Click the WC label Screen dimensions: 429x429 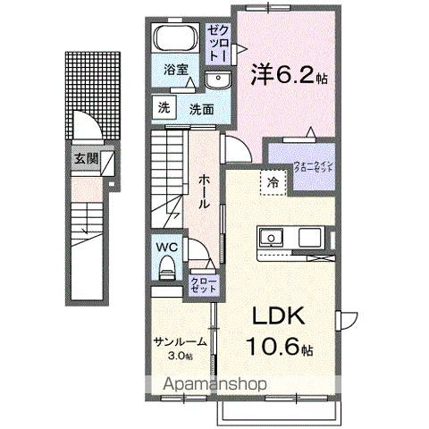[166, 244]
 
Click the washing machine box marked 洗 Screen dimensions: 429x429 [164, 107]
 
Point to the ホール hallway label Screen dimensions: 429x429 [204, 189]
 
